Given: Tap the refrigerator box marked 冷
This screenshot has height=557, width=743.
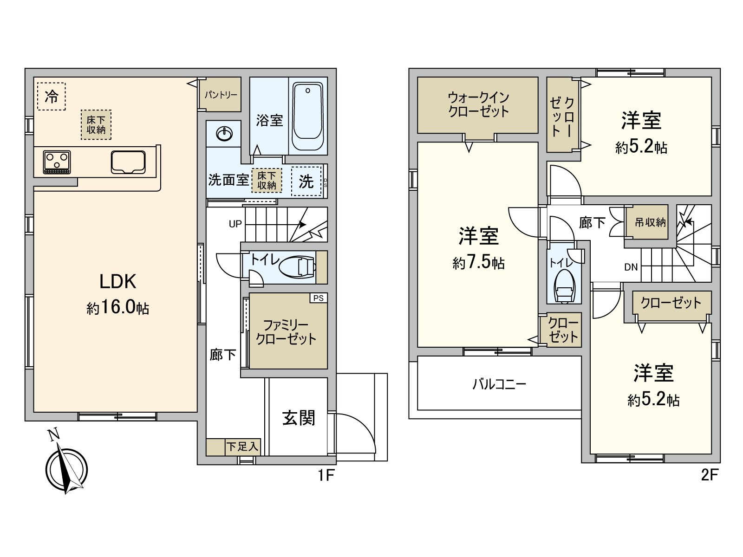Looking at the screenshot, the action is click(x=52, y=97).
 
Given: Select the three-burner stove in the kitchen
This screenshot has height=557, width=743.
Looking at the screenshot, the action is click(x=57, y=162).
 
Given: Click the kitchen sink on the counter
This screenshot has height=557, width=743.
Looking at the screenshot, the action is click(x=128, y=162).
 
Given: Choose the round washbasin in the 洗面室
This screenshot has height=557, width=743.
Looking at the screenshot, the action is click(x=224, y=134).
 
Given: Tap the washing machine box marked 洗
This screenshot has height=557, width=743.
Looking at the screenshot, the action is click(x=306, y=181).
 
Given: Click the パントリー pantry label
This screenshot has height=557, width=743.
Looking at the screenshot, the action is click(x=221, y=95).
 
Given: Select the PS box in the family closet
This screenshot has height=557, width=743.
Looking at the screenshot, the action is click(x=319, y=298).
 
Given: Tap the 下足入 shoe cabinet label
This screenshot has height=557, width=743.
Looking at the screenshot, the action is click(x=242, y=447).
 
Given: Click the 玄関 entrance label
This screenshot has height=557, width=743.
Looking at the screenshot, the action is click(x=299, y=418).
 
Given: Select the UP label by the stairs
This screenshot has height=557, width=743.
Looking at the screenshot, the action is click(x=235, y=224).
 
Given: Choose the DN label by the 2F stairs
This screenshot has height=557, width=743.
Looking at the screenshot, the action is click(x=631, y=267).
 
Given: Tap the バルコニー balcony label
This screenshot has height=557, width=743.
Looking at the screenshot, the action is click(x=499, y=384).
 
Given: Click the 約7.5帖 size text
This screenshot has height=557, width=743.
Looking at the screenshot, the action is click(x=479, y=263).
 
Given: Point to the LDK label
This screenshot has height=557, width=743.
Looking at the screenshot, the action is click(x=118, y=282).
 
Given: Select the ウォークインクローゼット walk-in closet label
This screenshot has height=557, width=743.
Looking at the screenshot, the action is click(x=478, y=105).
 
